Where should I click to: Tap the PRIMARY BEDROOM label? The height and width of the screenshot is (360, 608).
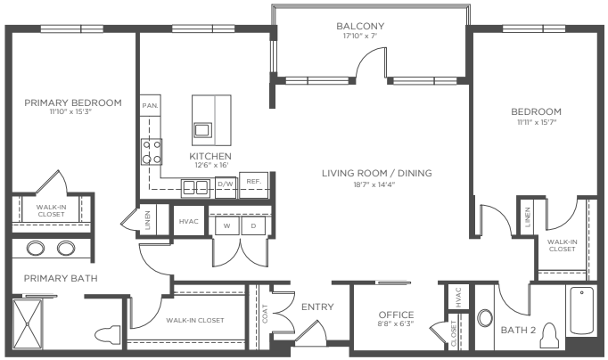72,102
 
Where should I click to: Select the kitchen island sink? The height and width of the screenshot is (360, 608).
203,130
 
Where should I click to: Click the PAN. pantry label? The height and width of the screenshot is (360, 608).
150,105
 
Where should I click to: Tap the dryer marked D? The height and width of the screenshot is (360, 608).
253,225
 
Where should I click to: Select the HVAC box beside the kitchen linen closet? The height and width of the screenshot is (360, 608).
189,221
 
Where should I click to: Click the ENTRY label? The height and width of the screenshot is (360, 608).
317,307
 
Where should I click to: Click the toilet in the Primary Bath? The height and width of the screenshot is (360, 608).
109,336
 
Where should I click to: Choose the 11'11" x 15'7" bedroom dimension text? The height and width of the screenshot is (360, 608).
536,124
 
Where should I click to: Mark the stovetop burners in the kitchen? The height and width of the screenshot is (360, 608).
150,151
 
